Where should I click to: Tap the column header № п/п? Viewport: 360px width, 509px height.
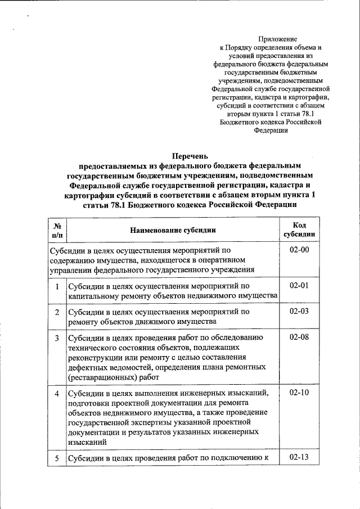pyautogui.click(x=57, y=230)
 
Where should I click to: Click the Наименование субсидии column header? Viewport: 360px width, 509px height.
pyautogui.click(x=173, y=230)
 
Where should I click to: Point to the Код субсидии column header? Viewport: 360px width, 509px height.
pyautogui.click(x=299, y=230)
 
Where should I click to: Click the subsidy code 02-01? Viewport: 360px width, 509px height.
pyautogui.click(x=299, y=286)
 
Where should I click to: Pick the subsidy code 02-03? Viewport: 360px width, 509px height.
pyautogui.click(x=299, y=311)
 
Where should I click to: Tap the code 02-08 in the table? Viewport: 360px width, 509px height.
pyautogui.click(x=299, y=337)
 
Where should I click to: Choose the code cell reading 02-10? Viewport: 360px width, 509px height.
pyautogui.click(x=299, y=392)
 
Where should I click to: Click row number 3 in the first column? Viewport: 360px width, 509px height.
pyautogui.click(x=57, y=338)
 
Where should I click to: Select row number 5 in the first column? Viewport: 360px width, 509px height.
pyautogui.click(x=57, y=458)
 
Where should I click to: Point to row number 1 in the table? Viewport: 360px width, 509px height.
pyautogui.click(x=57, y=286)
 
